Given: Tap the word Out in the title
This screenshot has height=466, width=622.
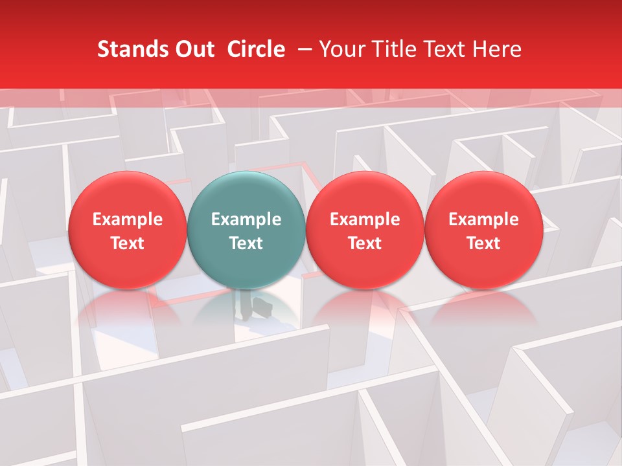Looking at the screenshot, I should click(x=193, y=49).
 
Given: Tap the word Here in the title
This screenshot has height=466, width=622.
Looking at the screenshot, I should click(x=496, y=49).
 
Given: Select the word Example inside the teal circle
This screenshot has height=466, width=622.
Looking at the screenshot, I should click(x=246, y=219).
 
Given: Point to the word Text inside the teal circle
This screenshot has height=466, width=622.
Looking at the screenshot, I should click(x=246, y=243).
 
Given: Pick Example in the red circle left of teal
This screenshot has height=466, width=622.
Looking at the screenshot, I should click(x=127, y=219).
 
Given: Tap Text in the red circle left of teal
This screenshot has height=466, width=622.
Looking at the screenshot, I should click(x=127, y=243).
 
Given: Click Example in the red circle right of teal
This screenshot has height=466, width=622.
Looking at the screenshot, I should click(x=365, y=219).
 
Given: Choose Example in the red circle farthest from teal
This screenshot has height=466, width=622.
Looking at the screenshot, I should click(x=483, y=219).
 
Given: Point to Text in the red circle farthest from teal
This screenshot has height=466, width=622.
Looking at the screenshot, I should click(x=483, y=243).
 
